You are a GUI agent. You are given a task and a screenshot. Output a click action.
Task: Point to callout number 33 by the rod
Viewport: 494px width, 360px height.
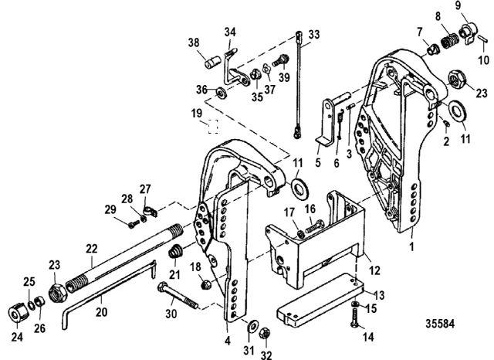point(313,35)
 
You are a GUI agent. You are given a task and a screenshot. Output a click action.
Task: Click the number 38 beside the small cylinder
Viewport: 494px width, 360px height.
point(194,43)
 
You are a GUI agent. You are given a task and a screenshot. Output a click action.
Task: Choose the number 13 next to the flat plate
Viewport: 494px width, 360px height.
point(380,294)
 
